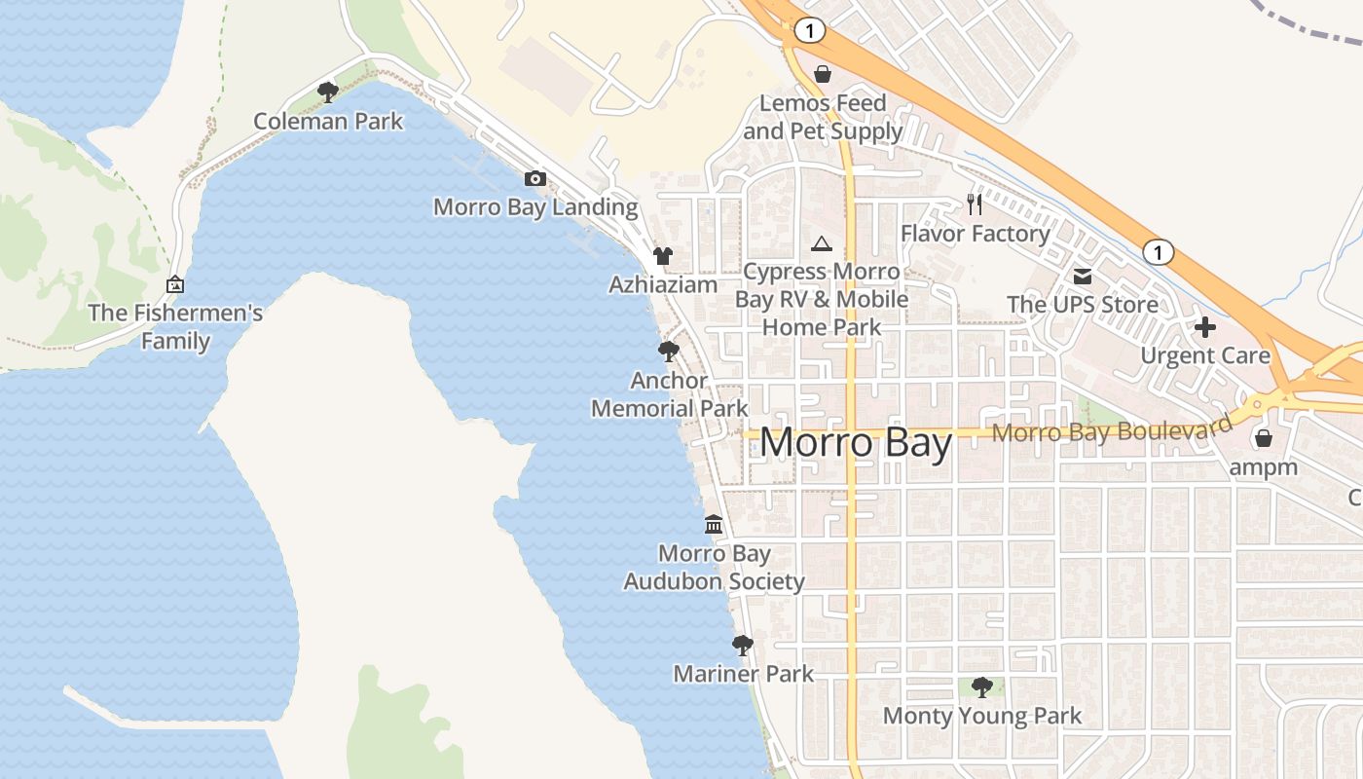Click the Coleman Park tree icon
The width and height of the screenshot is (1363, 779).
(328, 93)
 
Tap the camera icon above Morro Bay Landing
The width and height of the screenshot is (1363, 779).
(534, 178)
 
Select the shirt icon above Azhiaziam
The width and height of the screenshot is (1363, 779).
(663, 256)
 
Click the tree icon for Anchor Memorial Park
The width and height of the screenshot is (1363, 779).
(668, 352)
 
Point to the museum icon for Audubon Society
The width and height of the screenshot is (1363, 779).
(714, 525)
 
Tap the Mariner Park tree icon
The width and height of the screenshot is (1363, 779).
(743, 645)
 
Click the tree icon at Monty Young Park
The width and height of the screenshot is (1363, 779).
(981, 687)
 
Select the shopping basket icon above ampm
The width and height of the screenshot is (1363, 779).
(1263, 438)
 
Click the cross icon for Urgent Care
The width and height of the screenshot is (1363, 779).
(1205, 327)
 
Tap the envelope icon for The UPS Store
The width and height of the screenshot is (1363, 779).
(1083, 277)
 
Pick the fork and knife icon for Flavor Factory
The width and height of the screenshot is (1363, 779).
(975, 204)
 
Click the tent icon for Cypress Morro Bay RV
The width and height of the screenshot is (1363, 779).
(822, 243)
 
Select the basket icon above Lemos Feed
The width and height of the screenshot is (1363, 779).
(823, 74)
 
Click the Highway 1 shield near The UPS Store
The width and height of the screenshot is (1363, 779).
(1158, 252)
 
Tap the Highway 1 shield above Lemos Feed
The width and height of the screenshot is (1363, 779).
(809, 31)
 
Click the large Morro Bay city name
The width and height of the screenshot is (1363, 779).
(856, 443)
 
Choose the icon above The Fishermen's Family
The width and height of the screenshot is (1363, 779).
(175, 284)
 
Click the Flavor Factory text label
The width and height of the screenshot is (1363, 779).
(975, 234)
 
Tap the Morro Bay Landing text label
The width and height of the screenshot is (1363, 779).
(535, 206)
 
